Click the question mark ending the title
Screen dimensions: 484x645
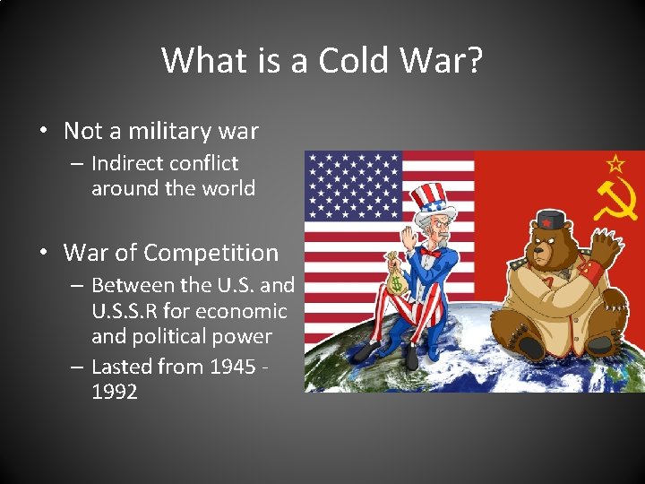pos(473,61)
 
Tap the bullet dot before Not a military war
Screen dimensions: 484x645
pos(43,132)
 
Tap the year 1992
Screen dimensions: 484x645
pos(115,392)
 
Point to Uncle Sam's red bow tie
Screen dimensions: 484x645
pos(430,253)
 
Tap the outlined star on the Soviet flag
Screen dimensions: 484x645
pos(615,164)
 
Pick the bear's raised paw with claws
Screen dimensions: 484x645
pos(606,244)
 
